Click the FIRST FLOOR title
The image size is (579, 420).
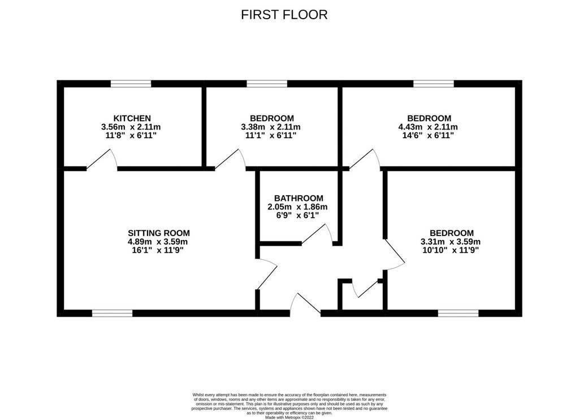[x=284, y=14]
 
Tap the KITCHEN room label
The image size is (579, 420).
[x=132, y=118]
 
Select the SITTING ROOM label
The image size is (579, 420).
[x=159, y=233]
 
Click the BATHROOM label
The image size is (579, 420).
[x=299, y=198]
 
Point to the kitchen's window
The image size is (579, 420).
[x=131, y=84]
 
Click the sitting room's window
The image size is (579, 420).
[x=113, y=313]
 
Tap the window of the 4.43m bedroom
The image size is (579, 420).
[x=434, y=84]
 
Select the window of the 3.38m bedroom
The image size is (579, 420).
[x=267, y=84]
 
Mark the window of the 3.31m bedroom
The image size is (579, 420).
[x=458, y=313]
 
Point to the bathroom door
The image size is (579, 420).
[x=317, y=234]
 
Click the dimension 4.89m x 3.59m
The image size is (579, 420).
[x=158, y=242]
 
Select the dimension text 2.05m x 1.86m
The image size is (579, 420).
[x=297, y=207]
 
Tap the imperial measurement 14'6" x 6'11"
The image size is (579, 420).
[x=428, y=135]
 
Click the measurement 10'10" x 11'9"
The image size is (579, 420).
[x=451, y=250]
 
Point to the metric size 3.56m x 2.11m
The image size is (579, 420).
[x=131, y=127]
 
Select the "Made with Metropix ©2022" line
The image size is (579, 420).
[x=289, y=417]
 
